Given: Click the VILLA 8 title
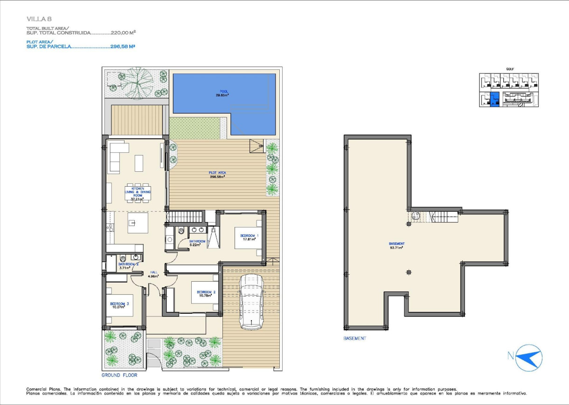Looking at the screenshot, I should tap(39, 19).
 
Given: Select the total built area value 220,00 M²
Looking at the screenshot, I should tap(123, 33).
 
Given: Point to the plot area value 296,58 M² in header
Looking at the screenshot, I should tap(123, 47).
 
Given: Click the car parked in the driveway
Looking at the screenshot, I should tap(251, 302).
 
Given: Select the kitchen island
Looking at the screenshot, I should tap(138, 222).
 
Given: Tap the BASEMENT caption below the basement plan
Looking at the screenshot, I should tap(355, 338).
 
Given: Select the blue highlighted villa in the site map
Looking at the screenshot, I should tap(494, 99).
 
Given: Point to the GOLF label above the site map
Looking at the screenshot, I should tap(510, 69).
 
